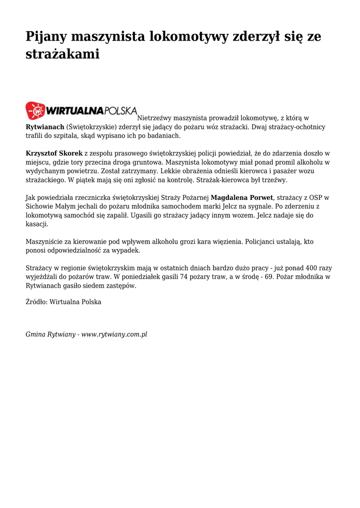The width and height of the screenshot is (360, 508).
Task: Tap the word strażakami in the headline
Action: pos(63,55)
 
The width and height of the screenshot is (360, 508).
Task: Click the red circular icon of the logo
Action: pos(35,111)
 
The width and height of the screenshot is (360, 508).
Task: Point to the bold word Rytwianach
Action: pos(45,127)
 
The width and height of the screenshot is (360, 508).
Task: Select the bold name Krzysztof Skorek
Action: pos(54,153)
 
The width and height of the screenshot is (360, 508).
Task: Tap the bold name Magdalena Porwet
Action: pos(242,197)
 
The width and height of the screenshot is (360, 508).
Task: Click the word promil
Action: pos(286,162)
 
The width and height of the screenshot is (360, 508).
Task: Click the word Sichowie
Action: pos(39,206)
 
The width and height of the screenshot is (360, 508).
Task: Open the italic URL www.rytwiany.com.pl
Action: pos(114,334)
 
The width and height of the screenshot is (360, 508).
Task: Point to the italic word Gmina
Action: pos(35,334)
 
